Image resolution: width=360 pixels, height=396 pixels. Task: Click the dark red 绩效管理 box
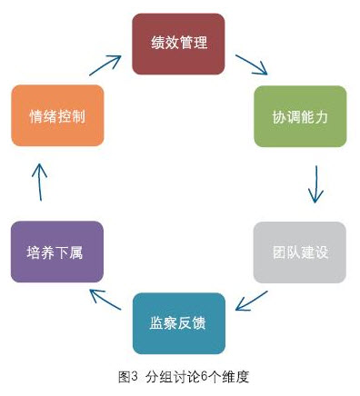click(178, 43)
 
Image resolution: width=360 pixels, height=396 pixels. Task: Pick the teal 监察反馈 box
click(178, 322)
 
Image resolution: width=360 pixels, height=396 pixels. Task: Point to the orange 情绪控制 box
click(57, 116)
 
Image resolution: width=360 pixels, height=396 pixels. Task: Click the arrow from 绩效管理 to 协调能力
click(250, 64)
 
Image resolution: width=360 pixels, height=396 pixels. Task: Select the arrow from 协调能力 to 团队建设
click(315, 184)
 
